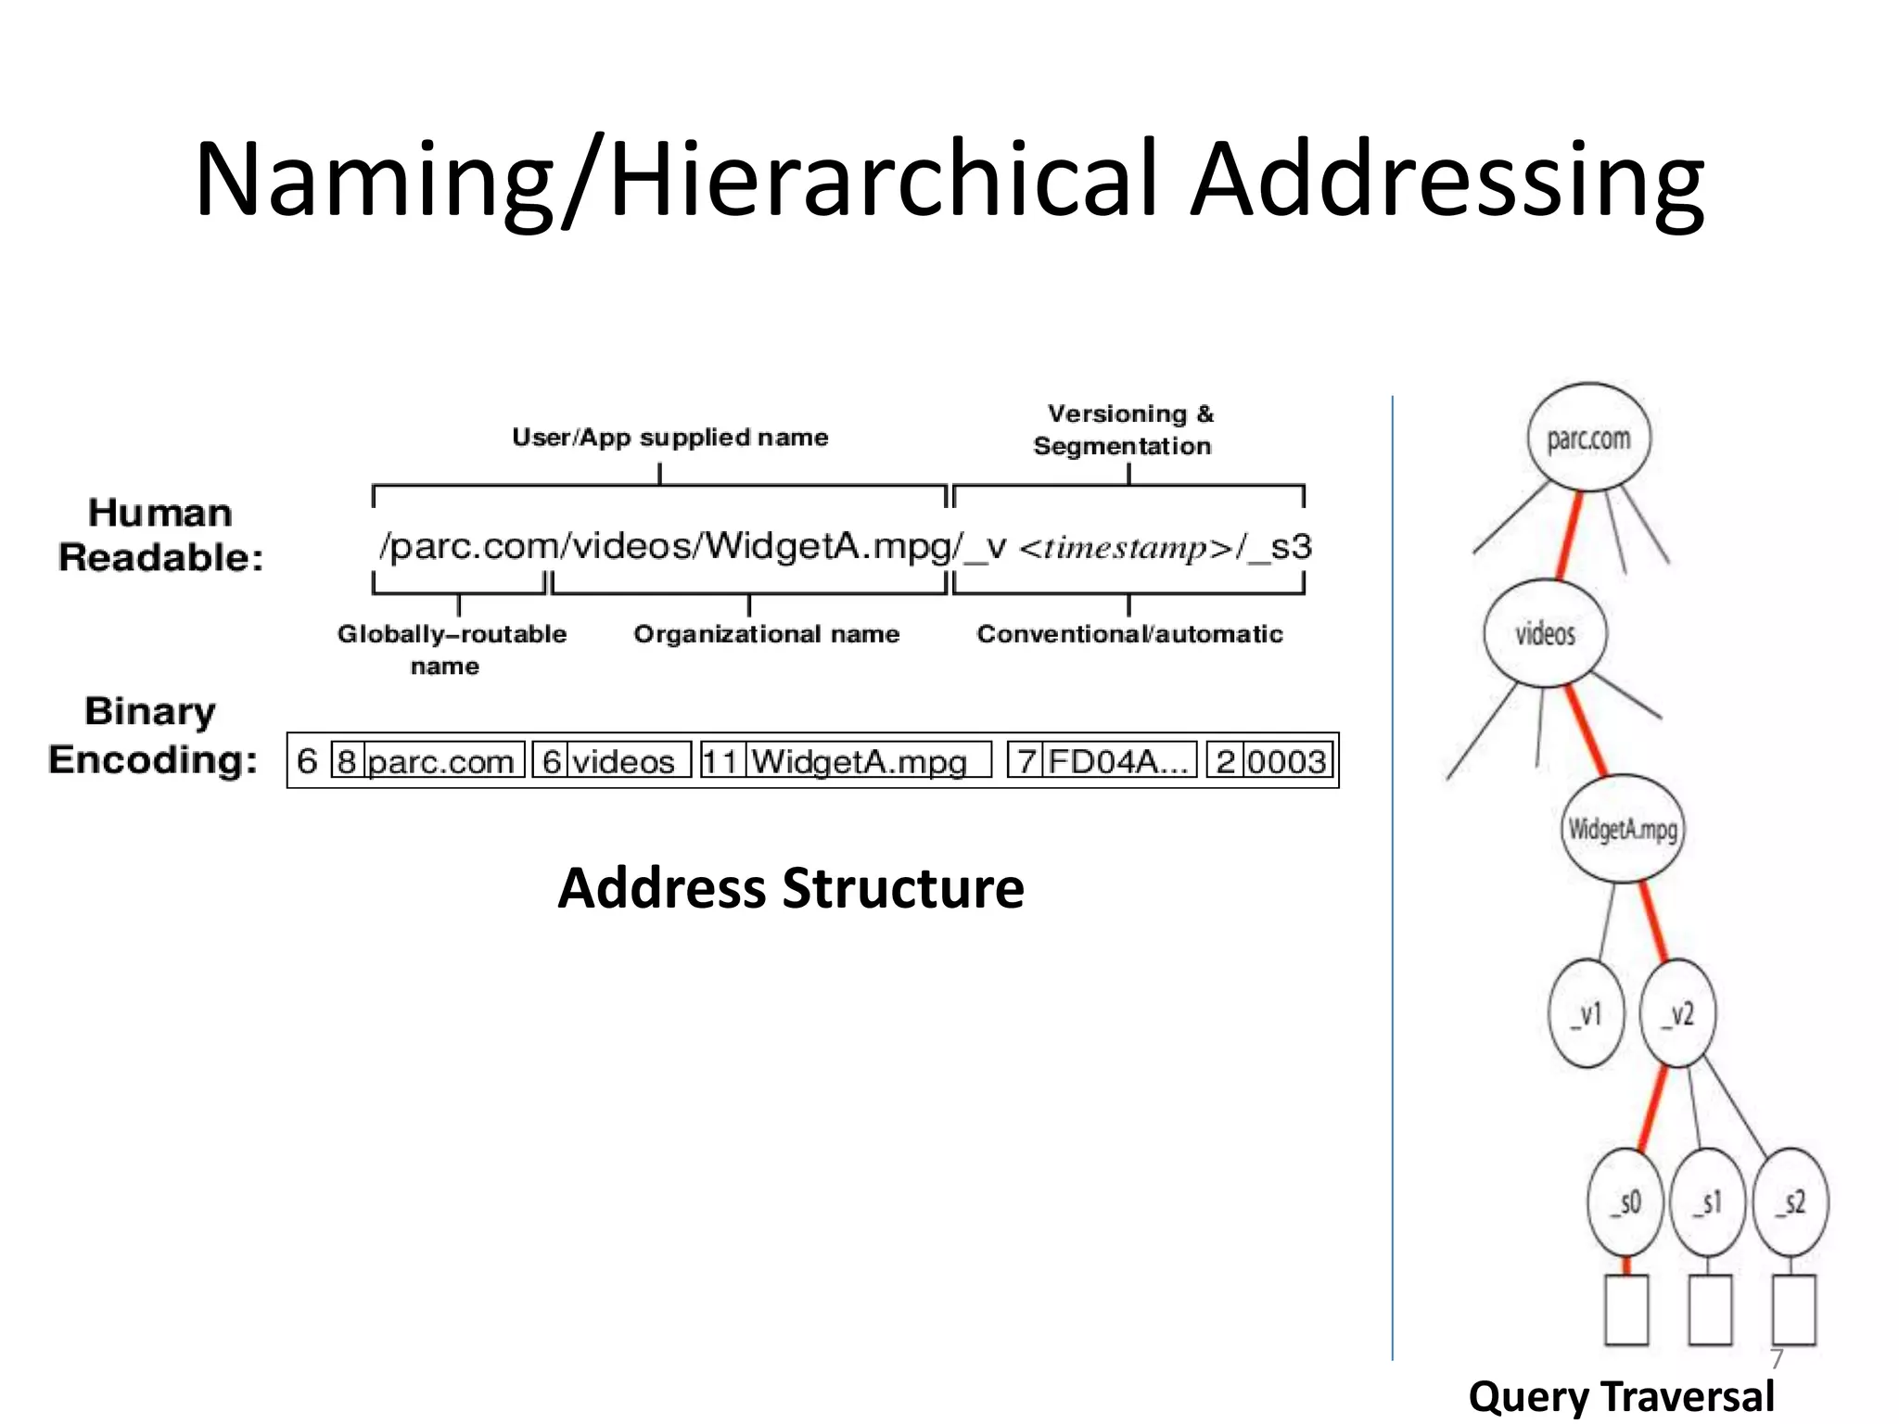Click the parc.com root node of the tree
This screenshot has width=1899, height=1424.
tap(1588, 438)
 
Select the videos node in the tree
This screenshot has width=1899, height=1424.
tap(1545, 633)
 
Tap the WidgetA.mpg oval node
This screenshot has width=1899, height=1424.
tap(1623, 828)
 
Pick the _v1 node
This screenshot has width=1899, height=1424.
tap(1587, 1013)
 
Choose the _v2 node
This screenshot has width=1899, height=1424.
tap(1678, 1013)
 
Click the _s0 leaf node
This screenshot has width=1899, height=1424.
tap(1626, 1201)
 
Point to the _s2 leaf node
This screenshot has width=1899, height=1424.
tap(1791, 1201)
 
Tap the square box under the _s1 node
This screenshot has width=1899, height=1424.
tap(1710, 1309)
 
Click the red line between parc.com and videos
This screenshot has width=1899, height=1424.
tap(1569, 536)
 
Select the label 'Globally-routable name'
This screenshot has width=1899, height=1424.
tap(452, 649)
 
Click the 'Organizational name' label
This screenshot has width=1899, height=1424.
tap(766, 634)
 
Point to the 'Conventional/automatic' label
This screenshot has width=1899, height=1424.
tap(1129, 634)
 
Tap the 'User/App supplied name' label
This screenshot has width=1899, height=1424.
tap(669, 437)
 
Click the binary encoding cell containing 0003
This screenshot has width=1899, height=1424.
tap(1286, 761)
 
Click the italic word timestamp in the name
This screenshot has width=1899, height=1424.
tap(1126, 548)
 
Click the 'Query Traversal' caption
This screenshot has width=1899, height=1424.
tap(1621, 1396)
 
